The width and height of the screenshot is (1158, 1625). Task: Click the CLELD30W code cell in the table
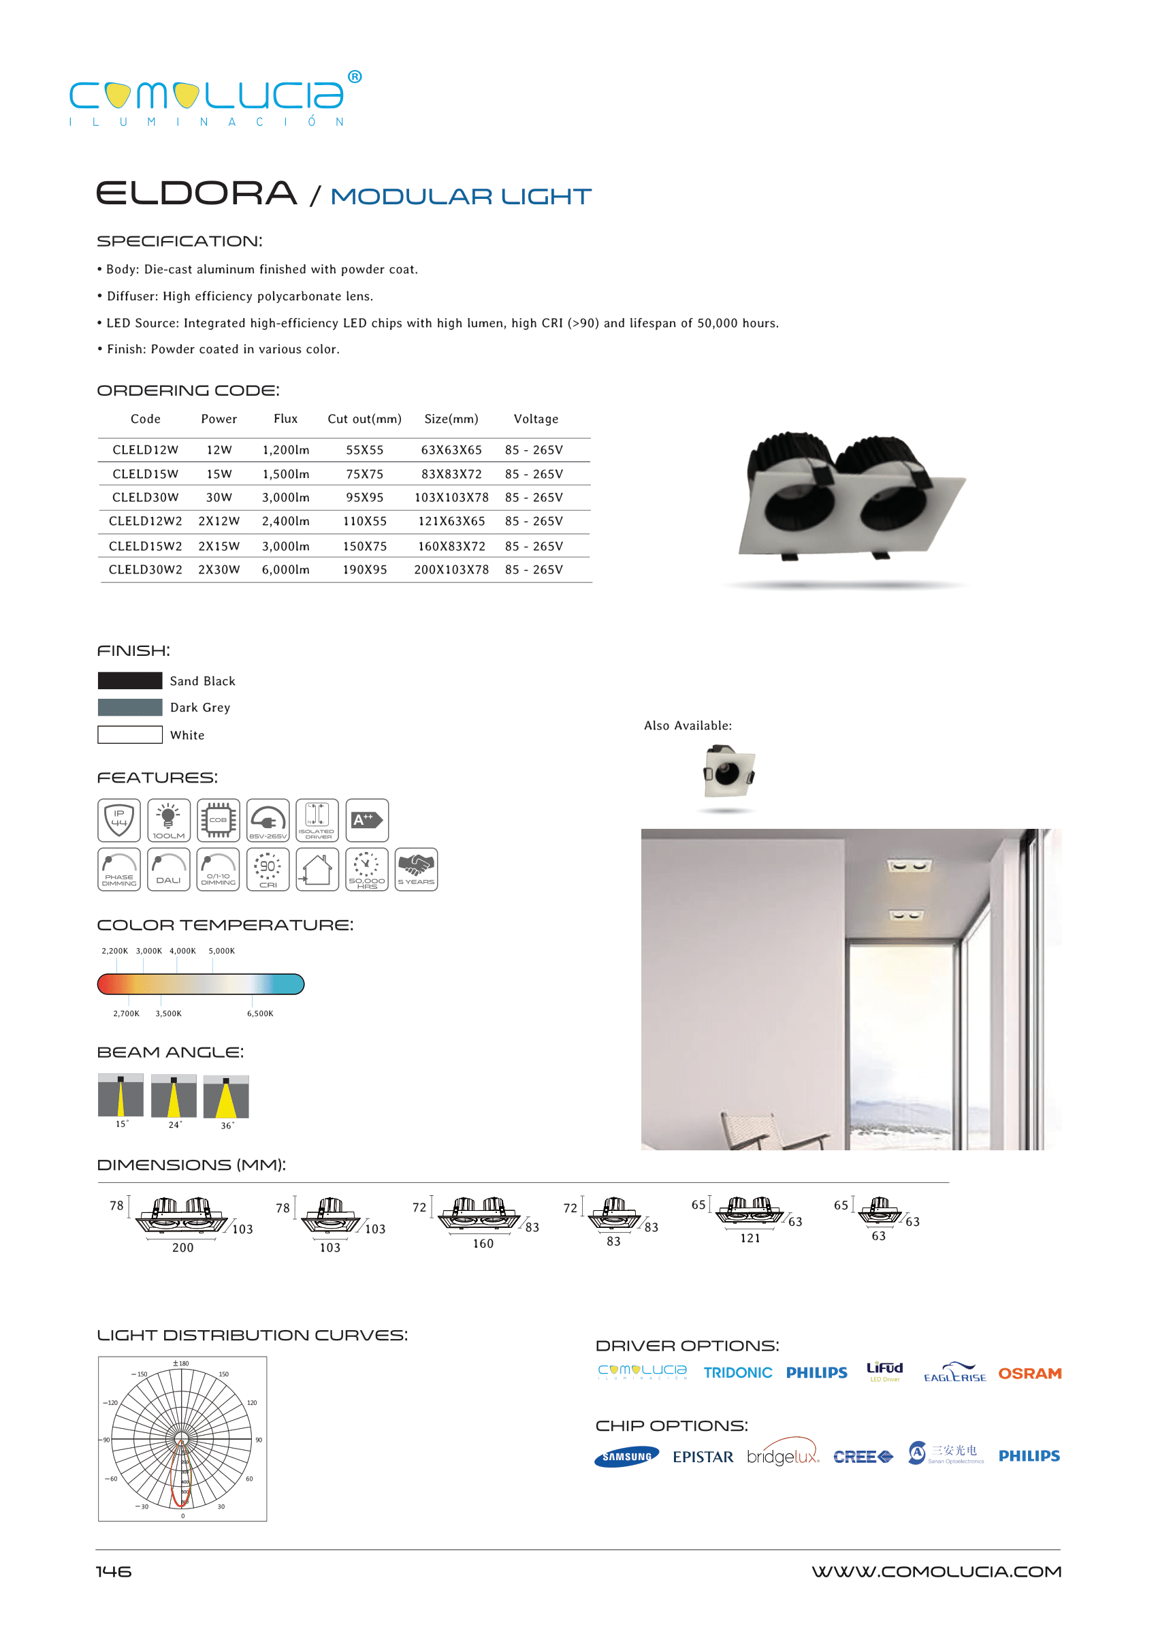(x=146, y=497)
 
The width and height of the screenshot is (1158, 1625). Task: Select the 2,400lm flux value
(x=285, y=522)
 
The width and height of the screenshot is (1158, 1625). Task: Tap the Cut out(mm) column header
(x=364, y=419)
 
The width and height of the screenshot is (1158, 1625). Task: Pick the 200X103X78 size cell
(x=451, y=570)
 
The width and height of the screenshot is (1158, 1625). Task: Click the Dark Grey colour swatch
(x=130, y=707)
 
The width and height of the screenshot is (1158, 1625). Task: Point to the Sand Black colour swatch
(x=130, y=680)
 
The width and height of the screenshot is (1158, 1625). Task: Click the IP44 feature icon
(x=119, y=821)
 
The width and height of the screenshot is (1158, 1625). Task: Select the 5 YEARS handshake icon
(x=416, y=869)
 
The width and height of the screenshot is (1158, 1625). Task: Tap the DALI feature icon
(x=168, y=869)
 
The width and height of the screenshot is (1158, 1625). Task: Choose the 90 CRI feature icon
(x=268, y=869)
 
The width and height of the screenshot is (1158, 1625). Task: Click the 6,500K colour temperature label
(x=260, y=1013)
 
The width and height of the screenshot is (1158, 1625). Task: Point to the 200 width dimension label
(x=182, y=1248)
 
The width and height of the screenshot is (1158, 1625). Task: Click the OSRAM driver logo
(x=1029, y=1373)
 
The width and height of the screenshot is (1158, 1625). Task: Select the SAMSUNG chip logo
(x=627, y=1457)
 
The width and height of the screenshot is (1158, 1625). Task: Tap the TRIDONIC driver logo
(x=737, y=1373)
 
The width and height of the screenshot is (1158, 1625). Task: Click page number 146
(x=114, y=1571)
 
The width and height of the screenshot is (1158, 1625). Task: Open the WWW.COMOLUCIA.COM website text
(x=935, y=1571)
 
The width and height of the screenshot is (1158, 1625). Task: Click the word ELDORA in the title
(x=197, y=193)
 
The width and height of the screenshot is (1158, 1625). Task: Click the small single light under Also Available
(x=728, y=772)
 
